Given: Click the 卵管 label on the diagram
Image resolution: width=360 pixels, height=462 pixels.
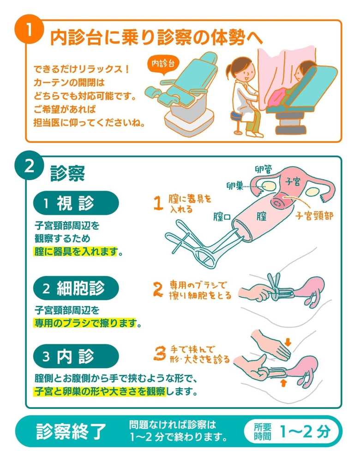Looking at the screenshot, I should pyautogui.click(x=264, y=169).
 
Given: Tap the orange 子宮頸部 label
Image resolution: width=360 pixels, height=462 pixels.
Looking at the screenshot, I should pyautogui.click(x=314, y=216).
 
